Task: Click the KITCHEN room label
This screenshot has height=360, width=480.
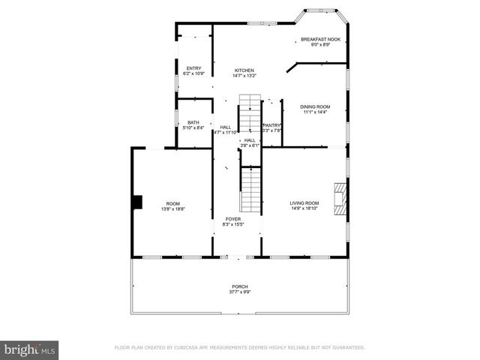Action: click(x=244, y=70)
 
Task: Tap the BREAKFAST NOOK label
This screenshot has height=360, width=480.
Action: click(x=321, y=39)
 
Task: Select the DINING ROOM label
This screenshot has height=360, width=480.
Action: click(x=316, y=106)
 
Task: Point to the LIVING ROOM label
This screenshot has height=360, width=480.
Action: click(x=305, y=202)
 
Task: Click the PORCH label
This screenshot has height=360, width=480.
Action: click(x=240, y=286)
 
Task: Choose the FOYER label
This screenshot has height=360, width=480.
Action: click(x=233, y=219)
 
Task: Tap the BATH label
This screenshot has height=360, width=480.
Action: click(x=193, y=122)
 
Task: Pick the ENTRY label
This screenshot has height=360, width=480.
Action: click(x=193, y=68)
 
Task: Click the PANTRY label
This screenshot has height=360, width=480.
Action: click(x=271, y=125)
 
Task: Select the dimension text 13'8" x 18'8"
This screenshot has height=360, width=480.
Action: click(x=173, y=209)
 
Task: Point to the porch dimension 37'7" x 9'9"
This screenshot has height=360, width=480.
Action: click(x=240, y=292)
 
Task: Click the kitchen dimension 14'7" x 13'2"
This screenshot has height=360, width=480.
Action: click(x=244, y=76)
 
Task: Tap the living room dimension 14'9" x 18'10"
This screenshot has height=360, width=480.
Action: click(x=305, y=208)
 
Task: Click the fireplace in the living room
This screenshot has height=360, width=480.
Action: click(x=341, y=200)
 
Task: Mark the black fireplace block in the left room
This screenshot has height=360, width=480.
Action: click(x=136, y=202)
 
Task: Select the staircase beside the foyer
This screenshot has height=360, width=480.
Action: click(x=250, y=189)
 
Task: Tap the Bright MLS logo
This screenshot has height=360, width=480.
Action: click(x=30, y=349)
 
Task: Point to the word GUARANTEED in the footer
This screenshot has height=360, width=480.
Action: click(x=346, y=348)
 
